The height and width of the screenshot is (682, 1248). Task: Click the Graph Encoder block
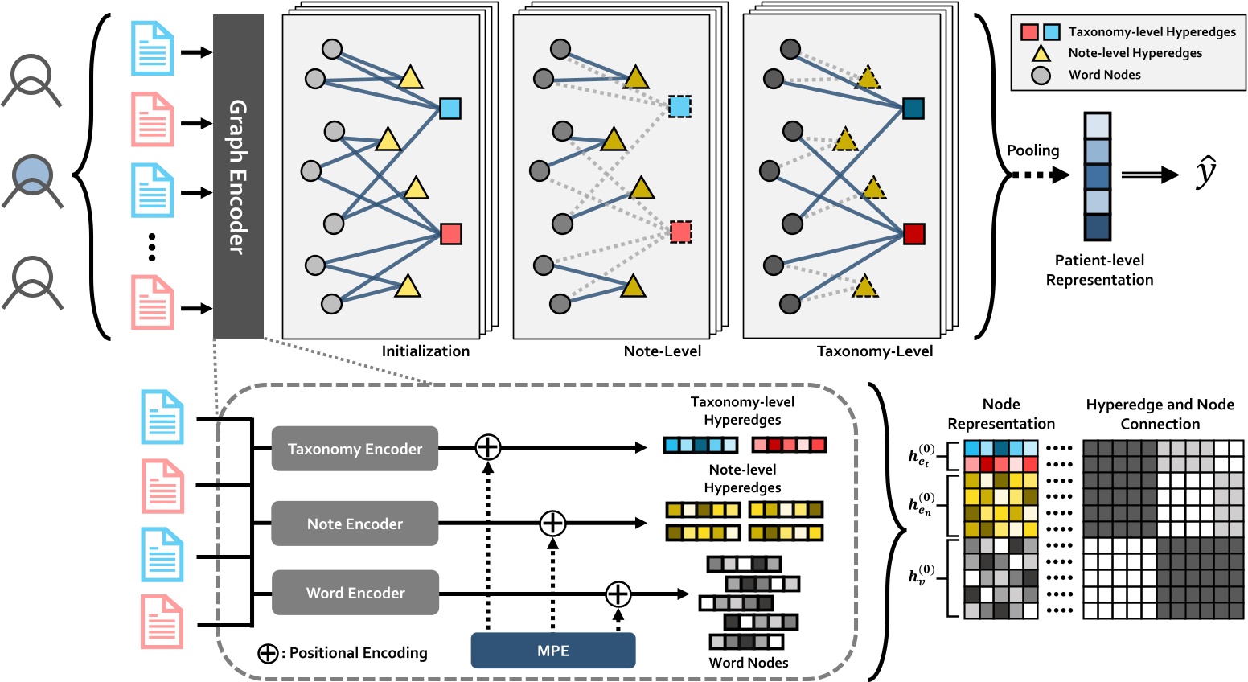[238, 176]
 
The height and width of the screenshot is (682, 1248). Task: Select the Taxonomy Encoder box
[355, 449]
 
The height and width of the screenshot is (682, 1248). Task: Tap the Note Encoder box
[355, 524]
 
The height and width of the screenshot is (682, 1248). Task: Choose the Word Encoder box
[355, 593]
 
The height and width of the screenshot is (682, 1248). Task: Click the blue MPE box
[553, 651]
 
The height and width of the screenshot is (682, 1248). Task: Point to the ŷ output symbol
[1205, 173]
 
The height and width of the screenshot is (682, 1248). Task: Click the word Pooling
[1032, 150]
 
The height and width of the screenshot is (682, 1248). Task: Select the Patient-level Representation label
[1099, 270]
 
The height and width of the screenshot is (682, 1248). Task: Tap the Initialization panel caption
[425, 351]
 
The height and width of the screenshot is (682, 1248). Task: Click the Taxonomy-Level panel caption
[875, 351]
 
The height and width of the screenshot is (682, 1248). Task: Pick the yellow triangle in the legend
[1041, 54]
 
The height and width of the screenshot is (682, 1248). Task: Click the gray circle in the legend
[1041, 76]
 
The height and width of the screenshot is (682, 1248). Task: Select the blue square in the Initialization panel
[450, 108]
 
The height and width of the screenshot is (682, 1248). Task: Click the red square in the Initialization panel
[450, 234]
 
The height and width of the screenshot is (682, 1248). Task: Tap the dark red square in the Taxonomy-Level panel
[913, 234]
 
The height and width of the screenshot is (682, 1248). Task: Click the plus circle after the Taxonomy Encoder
[488, 447]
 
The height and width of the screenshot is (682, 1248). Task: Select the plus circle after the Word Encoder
[618, 594]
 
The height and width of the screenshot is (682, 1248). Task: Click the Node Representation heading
[1001, 414]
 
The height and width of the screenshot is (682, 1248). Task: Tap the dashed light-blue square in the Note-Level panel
[679, 106]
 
